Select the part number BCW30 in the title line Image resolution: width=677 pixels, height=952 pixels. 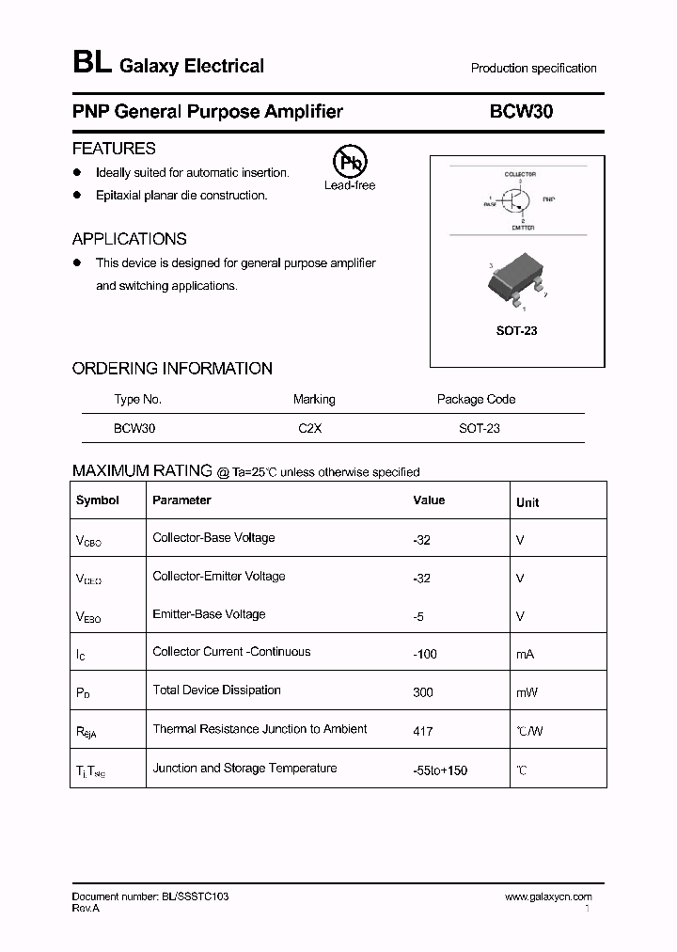521,112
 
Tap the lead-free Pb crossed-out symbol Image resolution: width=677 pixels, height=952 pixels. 350,163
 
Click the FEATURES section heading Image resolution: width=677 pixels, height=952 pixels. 114,149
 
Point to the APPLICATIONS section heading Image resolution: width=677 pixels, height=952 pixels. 129,239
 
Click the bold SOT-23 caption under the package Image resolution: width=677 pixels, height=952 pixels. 516,331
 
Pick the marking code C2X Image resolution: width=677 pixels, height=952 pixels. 310,428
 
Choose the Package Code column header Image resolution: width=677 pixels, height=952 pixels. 476,399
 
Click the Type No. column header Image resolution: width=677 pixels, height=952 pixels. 137,399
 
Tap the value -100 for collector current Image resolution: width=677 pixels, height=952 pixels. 425,654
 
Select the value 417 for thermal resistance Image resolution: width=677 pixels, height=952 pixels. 423,731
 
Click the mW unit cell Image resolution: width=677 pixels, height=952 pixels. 527,692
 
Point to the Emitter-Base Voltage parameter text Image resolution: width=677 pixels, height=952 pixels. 209,614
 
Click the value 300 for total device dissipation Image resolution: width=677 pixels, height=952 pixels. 423,692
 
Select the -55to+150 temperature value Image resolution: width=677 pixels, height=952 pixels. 440,770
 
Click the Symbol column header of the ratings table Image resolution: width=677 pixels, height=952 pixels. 98,500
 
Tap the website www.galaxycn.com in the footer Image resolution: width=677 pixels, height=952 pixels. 548,897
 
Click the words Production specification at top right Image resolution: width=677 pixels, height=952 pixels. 533,69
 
